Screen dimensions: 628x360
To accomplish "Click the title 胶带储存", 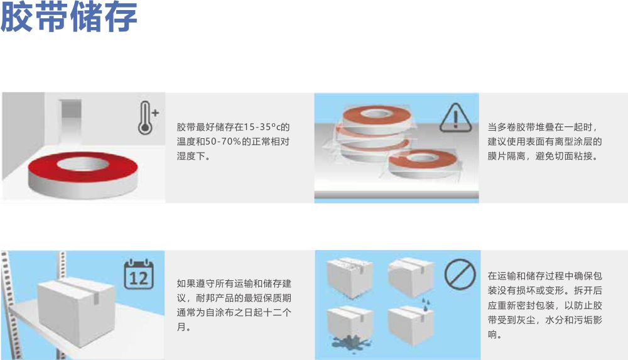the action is tap(69, 17).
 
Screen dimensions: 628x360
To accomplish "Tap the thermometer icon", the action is tap(145, 118).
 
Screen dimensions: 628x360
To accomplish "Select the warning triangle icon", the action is tap(455, 118).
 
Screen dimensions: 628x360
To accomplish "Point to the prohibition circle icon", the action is tap(460, 274).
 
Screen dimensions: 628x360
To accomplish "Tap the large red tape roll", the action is tap(83, 175).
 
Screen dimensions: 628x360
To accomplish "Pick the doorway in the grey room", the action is tap(70, 120).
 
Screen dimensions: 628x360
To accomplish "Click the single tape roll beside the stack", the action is tap(423, 163).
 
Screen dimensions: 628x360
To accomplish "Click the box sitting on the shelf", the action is tap(77, 311).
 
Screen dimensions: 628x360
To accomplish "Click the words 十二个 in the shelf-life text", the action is tap(277, 313).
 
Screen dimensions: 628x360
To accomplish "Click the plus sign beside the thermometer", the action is tap(156, 112).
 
